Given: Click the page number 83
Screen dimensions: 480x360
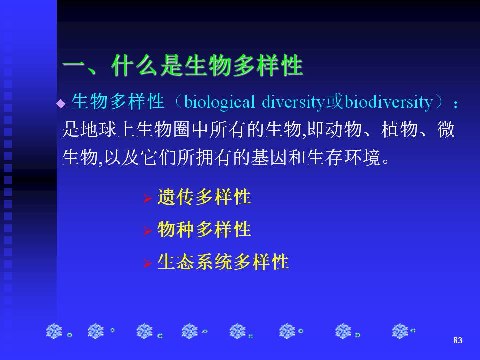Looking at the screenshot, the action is (458, 340).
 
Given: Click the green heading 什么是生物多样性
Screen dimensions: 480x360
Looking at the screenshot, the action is (207, 65).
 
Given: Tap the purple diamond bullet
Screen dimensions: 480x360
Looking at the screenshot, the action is (61, 104).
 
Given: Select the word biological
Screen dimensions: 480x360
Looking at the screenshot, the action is (220, 102).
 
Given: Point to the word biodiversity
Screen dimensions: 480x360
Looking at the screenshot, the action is (389, 102).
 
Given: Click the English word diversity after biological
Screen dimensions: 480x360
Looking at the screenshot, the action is (293, 102).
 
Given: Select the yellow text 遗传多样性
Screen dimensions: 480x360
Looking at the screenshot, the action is (204, 197).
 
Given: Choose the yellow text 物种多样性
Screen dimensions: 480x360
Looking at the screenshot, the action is (204, 229).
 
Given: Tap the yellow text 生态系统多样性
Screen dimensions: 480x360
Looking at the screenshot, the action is (223, 261).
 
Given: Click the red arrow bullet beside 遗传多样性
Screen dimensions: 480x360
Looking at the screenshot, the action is (147, 198).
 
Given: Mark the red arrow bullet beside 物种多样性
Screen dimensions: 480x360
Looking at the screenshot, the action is (147, 231).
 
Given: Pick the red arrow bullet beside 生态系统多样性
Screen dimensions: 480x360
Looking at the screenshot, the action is (147, 263).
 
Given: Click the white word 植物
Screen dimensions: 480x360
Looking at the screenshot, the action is (400, 129).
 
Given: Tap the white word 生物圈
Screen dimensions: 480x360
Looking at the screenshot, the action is (163, 129).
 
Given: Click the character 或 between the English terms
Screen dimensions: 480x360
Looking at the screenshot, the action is (335, 102).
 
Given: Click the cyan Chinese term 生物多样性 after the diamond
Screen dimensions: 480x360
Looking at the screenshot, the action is (118, 101).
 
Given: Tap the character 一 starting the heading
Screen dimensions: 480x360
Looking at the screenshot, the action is (73, 65).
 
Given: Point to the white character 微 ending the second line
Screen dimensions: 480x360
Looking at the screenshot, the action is (446, 129).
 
